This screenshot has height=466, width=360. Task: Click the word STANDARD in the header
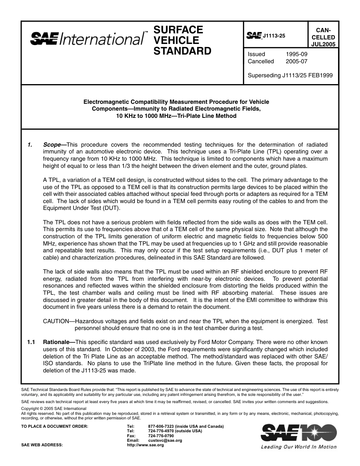tap(182, 51)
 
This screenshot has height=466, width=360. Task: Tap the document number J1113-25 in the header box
tap(274, 36)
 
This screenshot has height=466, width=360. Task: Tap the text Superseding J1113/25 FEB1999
tap(290, 75)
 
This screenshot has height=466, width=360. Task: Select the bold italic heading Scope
tap(52, 145)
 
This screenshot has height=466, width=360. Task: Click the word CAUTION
tap(56, 321)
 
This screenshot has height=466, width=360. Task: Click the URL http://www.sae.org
tap(146, 445)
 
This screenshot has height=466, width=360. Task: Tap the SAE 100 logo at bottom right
tap(299, 433)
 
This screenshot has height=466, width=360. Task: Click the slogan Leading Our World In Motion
tap(299, 447)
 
